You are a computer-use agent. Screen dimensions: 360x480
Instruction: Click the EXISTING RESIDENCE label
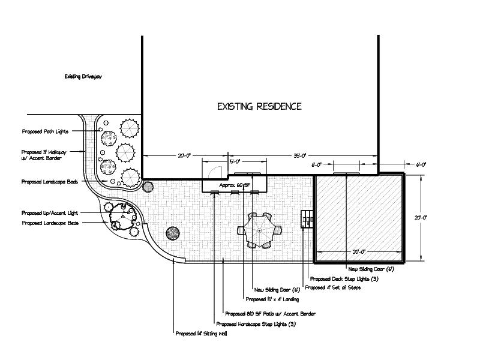click(259, 107)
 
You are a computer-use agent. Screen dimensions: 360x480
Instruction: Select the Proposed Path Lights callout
click(45, 131)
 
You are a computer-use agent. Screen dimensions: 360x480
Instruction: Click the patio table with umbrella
click(259, 230)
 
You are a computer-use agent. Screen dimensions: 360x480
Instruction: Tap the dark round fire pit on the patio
click(173, 233)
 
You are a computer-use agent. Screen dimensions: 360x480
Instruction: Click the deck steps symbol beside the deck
click(308, 219)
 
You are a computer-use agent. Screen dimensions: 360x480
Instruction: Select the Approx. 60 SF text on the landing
click(235, 185)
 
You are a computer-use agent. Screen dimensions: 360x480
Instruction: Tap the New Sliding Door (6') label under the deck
click(371, 269)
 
